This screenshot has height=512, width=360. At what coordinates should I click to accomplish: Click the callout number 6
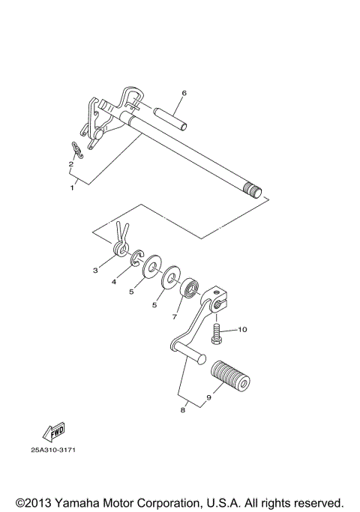(x=184, y=94)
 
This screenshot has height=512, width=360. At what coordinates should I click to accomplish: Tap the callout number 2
(x=70, y=163)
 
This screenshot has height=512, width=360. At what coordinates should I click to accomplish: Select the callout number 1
(x=73, y=187)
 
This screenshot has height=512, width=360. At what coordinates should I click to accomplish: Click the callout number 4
(x=114, y=282)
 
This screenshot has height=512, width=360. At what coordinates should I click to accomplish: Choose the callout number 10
(x=242, y=329)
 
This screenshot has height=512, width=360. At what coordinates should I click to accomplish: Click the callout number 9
(x=209, y=398)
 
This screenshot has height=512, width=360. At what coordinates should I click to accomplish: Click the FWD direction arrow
(x=54, y=432)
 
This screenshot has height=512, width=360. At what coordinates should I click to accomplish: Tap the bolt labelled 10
(x=216, y=331)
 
